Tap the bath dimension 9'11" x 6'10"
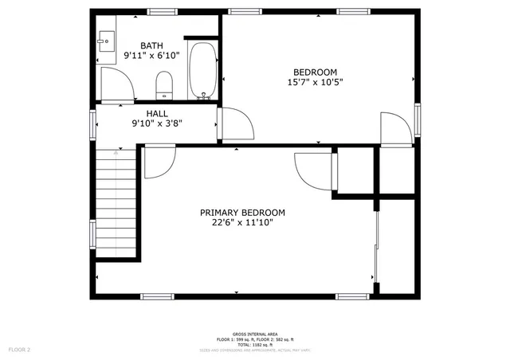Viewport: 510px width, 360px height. (151, 56)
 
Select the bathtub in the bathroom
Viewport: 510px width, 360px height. (204, 70)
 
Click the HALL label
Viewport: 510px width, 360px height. (156, 113)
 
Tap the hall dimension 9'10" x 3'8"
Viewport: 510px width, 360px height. (156, 123)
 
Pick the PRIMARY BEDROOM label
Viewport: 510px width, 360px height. (242, 213)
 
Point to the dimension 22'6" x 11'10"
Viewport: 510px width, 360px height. (242, 223)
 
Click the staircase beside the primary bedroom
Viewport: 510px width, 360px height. (117, 203)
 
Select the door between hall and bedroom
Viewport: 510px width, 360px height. (236, 123)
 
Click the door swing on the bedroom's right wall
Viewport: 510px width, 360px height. (396, 129)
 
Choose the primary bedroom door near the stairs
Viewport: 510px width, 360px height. (158, 163)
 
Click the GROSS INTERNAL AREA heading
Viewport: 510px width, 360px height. (255, 334)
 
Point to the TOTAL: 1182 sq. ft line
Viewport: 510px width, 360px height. (255, 344)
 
